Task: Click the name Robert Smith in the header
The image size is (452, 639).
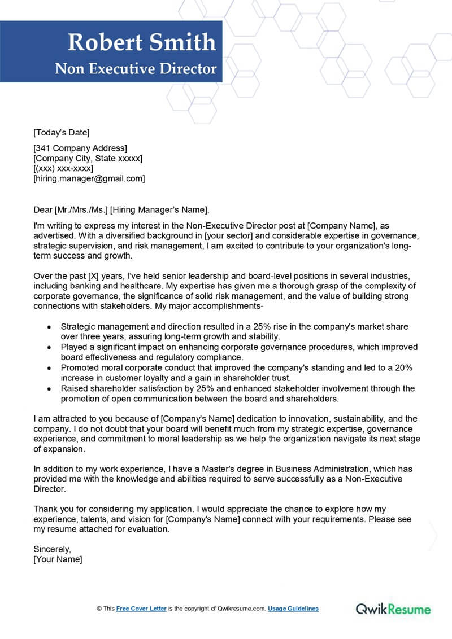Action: click(x=141, y=42)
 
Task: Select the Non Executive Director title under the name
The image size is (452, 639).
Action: click(x=136, y=69)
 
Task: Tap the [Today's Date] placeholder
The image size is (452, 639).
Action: click(x=62, y=133)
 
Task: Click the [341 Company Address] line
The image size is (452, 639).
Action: click(x=80, y=148)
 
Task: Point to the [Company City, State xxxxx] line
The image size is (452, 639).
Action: click(x=88, y=159)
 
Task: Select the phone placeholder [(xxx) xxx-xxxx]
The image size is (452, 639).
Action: click(x=63, y=168)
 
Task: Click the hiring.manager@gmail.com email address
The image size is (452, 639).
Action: click(x=89, y=178)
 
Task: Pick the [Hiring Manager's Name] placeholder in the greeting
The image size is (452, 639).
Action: click(x=159, y=210)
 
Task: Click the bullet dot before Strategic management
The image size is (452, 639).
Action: click(x=50, y=327)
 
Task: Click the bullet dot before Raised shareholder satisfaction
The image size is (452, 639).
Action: click(x=50, y=388)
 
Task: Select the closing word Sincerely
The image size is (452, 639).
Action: click(x=53, y=549)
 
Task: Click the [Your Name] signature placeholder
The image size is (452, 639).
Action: click(x=58, y=559)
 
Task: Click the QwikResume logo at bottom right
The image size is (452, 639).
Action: click(x=393, y=609)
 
